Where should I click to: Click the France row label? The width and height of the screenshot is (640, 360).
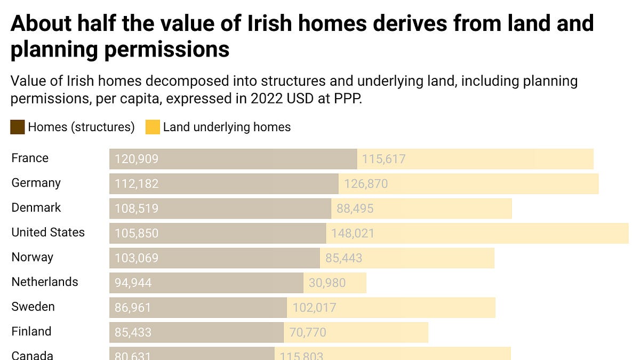coord(30,158)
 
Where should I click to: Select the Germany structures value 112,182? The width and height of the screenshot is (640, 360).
coord(137,184)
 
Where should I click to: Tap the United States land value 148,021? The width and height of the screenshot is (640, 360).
coord(353,234)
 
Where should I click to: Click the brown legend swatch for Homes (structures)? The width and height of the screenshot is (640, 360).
coord(17,127)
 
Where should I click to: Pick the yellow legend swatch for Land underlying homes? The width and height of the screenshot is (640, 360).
coord(153,127)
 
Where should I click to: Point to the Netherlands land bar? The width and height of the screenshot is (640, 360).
coord(335,283)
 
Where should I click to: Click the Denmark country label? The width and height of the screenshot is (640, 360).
coord(36,207)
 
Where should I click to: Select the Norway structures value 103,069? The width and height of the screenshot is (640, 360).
coord(137,258)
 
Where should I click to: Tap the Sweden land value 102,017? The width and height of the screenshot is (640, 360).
coord(314,308)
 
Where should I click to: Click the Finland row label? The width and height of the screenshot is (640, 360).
coord(31,332)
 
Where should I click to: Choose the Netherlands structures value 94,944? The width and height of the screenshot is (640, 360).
coord(133,283)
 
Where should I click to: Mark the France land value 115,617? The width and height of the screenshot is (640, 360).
coord(383,159)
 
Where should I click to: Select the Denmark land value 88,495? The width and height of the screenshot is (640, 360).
coord(355,209)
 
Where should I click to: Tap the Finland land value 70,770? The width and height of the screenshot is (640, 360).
coord(307,333)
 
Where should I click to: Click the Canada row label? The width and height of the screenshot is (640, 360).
coord(32,355)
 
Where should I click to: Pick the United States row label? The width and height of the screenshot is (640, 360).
coord(48,233)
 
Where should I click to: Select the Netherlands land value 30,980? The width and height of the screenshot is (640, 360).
coord(327,283)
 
